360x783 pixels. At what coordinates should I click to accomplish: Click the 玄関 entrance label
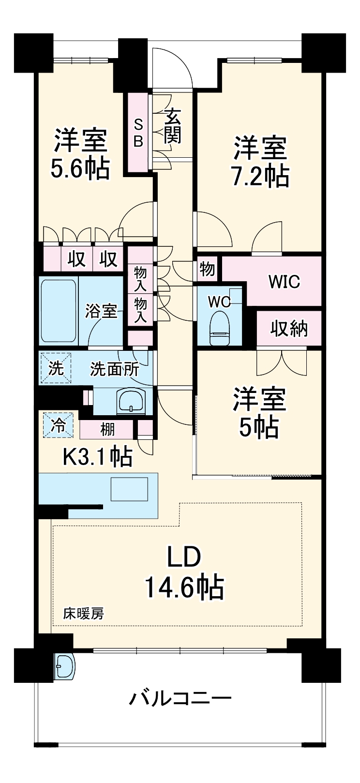click(173, 126)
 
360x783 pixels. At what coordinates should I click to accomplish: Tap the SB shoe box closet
click(139, 133)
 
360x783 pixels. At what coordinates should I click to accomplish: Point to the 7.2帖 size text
click(260, 177)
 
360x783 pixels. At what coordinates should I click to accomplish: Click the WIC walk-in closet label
click(284, 281)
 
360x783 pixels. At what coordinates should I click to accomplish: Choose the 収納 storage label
click(289, 329)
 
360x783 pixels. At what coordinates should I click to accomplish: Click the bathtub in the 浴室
click(59, 311)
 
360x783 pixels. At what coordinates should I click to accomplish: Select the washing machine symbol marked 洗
click(56, 368)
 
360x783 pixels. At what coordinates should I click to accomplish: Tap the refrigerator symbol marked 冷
click(59, 425)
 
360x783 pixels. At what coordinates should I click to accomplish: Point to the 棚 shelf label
click(107, 429)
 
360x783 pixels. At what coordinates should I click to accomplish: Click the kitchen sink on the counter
click(129, 489)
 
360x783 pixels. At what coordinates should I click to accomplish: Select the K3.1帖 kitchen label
click(98, 456)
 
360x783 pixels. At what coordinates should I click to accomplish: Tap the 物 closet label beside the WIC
click(207, 269)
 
